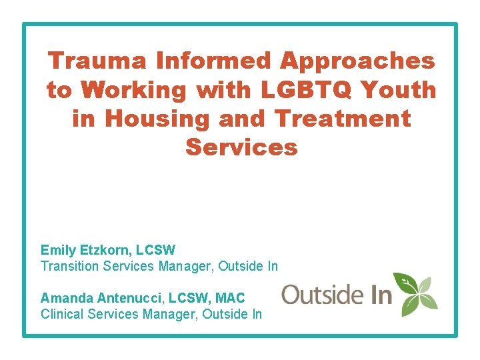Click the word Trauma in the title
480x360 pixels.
[97, 61]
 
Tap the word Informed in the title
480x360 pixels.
[213, 61]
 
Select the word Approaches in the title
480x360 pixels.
[357, 61]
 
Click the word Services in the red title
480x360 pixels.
[241, 147]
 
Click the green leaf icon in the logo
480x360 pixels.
[415, 294]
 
